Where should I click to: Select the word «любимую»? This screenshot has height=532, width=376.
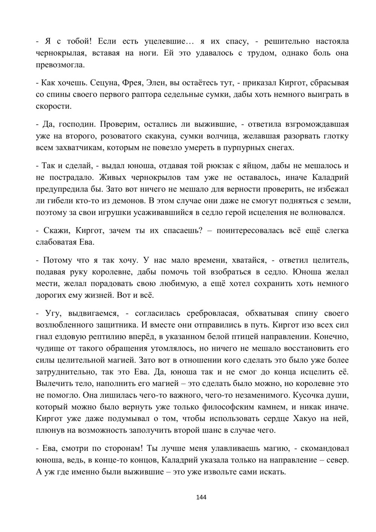point(180,283)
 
